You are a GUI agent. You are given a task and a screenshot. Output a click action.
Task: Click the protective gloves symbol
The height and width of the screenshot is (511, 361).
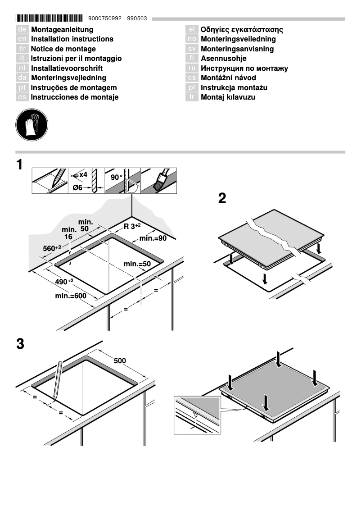click(32, 123)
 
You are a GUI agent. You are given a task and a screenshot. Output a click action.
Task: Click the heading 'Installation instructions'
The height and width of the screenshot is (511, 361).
click(72, 39)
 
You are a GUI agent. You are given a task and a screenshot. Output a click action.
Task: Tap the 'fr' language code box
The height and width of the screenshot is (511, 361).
click(22, 49)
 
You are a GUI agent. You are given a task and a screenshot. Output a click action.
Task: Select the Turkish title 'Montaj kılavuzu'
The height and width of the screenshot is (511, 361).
click(228, 97)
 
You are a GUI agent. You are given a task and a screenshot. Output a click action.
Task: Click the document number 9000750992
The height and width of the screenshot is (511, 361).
click(105, 18)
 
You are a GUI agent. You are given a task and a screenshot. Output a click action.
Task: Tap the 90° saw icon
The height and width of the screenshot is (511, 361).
click(122, 181)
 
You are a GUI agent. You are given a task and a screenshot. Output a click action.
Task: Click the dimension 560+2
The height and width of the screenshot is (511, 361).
click(52, 248)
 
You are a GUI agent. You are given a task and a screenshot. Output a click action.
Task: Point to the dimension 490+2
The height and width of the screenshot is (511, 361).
click(64, 282)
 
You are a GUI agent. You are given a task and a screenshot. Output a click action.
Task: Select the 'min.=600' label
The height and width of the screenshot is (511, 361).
click(70, 296)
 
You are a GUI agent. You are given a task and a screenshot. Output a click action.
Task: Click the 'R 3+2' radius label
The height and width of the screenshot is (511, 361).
click(132, 226)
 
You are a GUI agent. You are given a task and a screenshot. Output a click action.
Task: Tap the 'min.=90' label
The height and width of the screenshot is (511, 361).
click(153, 238)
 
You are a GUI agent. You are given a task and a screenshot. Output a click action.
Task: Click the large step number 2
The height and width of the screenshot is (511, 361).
click(221, 199)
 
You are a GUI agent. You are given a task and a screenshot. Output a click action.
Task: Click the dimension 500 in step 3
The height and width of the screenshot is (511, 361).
click(120, 361)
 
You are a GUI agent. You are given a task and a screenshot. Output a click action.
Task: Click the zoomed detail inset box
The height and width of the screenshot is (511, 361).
click(197, 415)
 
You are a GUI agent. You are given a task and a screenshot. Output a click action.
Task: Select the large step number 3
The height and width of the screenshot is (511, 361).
click(20, 344)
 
